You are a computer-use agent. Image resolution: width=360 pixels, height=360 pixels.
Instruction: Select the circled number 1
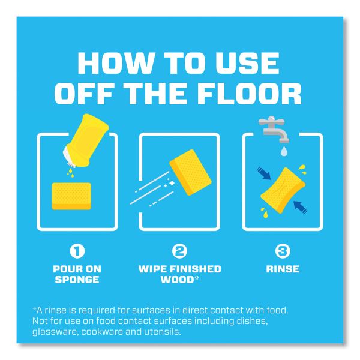coord(77,251)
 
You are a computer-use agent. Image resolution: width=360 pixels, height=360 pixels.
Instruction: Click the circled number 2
coord(180,251)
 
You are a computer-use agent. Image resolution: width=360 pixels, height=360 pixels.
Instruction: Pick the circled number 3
coord(283,251)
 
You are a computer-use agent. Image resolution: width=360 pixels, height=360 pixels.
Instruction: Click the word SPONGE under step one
coord(77,280)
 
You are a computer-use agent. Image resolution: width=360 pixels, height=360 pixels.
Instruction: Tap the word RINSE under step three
coord(283,269)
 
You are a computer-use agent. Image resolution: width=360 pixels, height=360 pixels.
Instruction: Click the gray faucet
coord(274,128)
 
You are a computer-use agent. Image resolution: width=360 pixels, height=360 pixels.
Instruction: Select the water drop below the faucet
coord(284,151)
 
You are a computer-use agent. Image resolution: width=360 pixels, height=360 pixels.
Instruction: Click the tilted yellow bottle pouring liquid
coord(86,140)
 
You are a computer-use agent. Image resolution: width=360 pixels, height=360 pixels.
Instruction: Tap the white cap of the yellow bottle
coord(70,157)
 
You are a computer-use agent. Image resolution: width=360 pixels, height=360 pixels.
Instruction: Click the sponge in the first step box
coord(71,196)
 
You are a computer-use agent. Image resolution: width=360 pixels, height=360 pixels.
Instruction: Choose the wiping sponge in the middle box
coord(191,172)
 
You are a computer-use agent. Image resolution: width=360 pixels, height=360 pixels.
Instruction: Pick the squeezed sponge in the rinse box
coord(283,191)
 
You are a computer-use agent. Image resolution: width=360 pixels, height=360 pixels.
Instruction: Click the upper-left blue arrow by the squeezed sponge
coord(263,173)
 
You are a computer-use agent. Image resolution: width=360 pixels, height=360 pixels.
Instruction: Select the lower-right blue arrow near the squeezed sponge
coord(301,208)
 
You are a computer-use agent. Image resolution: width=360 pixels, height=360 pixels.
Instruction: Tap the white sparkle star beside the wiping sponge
coord(172,183)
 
